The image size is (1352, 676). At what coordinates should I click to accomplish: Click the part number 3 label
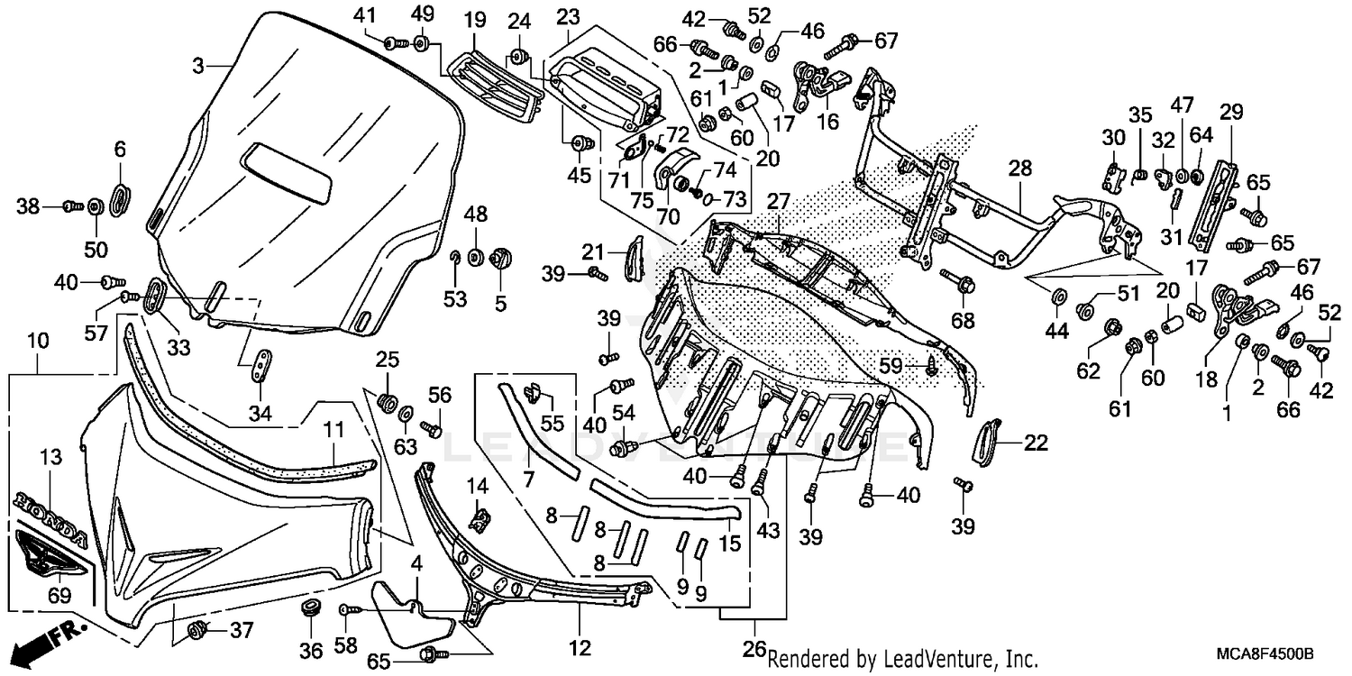[199, 65]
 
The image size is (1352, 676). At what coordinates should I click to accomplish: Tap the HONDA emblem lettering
[51, 516]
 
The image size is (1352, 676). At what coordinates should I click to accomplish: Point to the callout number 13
[50, 458]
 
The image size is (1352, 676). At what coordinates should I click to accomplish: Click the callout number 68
[963, 320]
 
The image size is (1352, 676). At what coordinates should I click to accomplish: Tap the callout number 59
[891, 364]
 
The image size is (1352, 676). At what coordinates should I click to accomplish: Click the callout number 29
[1231, 113]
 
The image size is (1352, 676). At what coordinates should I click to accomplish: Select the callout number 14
[477, 486]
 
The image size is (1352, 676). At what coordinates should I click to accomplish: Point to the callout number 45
[580, 175]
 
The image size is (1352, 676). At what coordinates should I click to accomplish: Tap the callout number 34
[260, 415]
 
